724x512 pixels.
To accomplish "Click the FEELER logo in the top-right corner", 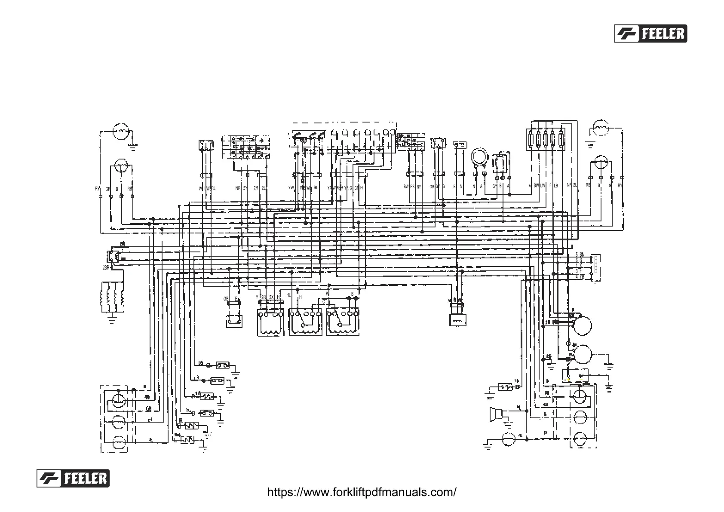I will point(650,34).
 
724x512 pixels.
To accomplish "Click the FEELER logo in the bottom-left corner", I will point(73,478).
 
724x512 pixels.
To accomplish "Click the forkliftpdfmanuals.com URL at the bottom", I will point(362,492).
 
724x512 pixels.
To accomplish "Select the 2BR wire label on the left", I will point(106,268).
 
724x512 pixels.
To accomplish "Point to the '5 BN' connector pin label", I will point(580,254).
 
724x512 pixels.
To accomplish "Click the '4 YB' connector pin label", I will point(580,276).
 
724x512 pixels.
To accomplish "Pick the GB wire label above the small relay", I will point(226,298).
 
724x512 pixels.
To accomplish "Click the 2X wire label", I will point(271,297).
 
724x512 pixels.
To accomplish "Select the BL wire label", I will point(316,187).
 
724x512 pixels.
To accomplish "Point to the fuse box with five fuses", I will point(545,138).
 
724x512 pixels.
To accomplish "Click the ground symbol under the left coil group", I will point(112,319).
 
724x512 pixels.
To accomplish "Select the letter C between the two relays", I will point(324,302).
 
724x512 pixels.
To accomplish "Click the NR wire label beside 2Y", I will point(238,188).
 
